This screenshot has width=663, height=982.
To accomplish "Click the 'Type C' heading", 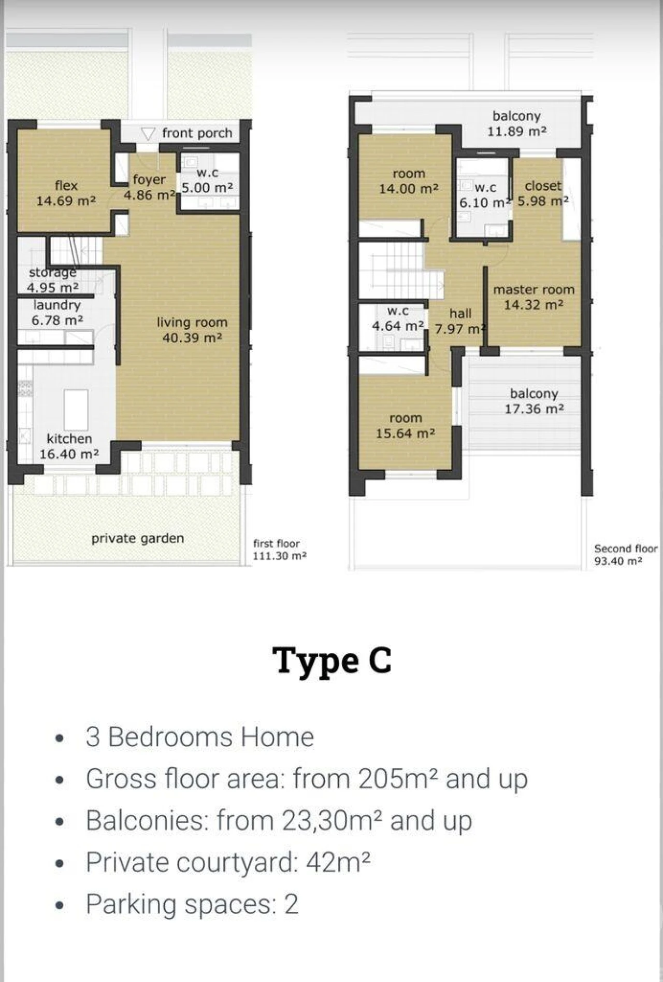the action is click(x=332, y=661).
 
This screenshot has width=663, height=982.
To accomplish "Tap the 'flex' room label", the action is click(x=66, y=186).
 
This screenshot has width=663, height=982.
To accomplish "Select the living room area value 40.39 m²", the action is click(x=192, y=338).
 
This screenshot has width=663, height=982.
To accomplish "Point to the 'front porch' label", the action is click(x=197, y=133).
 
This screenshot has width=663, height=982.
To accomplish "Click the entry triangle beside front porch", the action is click(x=148, y=134).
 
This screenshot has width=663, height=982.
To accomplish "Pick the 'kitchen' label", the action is click(x=69, y=439).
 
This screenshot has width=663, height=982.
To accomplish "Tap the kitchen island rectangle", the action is click(x=76, y=410).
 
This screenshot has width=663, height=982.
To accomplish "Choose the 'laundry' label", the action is click(x=57, y=305).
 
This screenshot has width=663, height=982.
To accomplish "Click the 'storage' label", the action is click(x=53, y=272).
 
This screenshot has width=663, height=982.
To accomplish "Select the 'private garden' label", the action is click(x=138, y=538).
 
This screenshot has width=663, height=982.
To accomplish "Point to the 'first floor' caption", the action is click(x=276, y=543).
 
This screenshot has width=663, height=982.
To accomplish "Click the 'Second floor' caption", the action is click(x=626, y=549).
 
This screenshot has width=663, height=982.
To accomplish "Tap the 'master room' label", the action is click(x=534, y=289).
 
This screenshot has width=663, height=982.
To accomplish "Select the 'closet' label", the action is click(x=543, y=186).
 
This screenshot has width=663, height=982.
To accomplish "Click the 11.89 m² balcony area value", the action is click(x=517, y=131).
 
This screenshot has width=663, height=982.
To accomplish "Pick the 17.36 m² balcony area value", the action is click(x=535, y=409).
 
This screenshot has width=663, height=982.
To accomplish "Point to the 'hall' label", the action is click(x=460, y=313).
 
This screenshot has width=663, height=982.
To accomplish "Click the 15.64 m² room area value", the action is click(x=406, y=433).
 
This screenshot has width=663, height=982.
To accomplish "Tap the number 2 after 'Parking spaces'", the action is click(x=291, y=904).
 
